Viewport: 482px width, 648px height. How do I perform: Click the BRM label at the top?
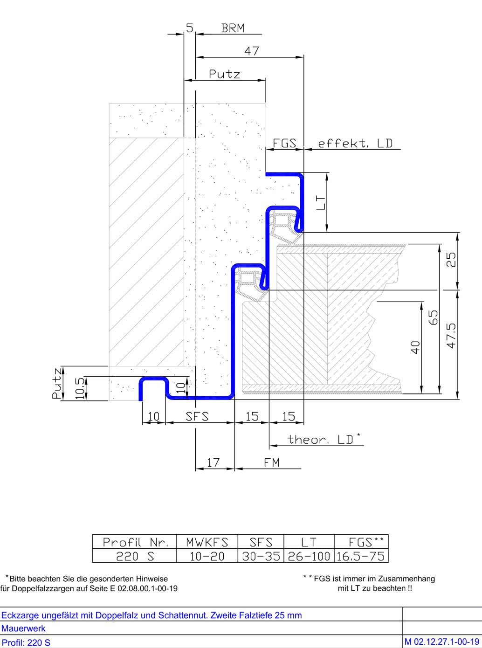click(x=233, y=28)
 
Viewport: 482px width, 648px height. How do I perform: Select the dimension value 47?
click(x=252, y=51)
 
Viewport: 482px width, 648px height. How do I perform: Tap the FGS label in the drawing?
click(x=284, y=143)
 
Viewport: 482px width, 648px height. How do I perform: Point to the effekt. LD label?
click(x=355, y=143)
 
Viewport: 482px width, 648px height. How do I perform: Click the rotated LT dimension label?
click(x=320, y=203)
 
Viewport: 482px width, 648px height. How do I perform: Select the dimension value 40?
click(x=415, y=348)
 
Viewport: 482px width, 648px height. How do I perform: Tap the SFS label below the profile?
click(x=197, y=416)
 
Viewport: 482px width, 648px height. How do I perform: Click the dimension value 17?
click(x=213, y=462)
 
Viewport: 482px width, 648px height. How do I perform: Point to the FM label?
click(x=272, y=462)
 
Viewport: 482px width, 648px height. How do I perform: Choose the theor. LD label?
click(x=321, y=440)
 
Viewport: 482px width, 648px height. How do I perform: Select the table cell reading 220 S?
click(x=135, y=556)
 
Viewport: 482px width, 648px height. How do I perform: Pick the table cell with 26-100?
click(x=309, y=556)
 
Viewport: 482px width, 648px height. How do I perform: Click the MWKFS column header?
click(x=207, y=542)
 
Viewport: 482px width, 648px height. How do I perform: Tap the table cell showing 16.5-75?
click(x=360, y=556)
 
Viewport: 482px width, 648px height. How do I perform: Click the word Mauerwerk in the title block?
click(x=23, y=628)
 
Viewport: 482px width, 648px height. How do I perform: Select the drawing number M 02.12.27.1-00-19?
click(x=442, y=641)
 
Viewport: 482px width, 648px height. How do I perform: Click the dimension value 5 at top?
click(x=190, y=28)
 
